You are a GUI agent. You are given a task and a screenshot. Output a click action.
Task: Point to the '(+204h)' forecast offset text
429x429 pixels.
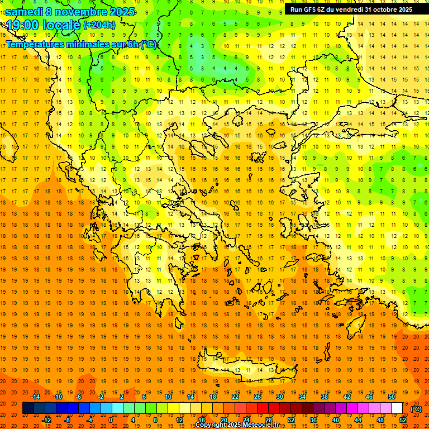[99, 25]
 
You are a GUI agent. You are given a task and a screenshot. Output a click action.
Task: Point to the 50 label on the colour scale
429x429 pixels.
[392, 396]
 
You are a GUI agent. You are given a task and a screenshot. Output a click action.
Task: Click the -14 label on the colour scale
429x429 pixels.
[35, 396]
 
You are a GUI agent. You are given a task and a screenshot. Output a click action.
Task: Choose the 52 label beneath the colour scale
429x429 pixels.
[403, 420]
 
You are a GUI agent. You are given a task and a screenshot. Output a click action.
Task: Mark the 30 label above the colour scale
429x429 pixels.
[280, 396]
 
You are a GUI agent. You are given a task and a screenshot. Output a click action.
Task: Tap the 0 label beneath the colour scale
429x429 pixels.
[110, 420]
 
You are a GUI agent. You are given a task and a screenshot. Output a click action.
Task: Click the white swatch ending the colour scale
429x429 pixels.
[397, 408]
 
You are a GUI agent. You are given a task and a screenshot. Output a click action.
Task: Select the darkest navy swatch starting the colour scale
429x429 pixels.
[28, 408]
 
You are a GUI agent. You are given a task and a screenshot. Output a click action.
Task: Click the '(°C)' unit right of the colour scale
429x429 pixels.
[416, 409]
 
